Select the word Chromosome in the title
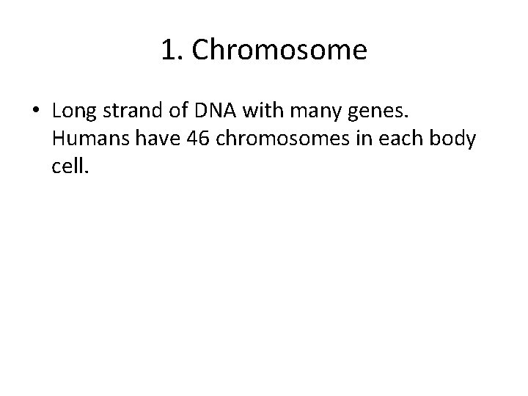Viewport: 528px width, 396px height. point(279,50)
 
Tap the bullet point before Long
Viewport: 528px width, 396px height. point(36,111)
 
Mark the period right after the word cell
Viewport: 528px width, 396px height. point(86,173)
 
